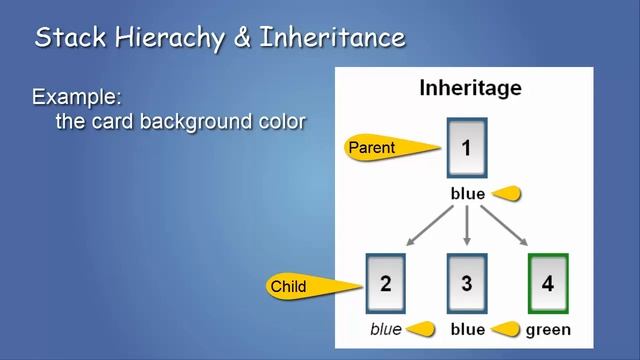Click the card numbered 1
tap(467, 148)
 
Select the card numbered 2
tap(386, 283)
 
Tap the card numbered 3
tap(467, 283)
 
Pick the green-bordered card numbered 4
tap(547, 283)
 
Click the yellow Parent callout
tap(385, 148)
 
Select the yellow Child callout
tap(305, 287)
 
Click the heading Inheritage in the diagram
tap(469, 88)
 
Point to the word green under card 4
tap(548, 329)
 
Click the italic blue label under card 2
tap(385, 329)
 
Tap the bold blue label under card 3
tap(467, 329)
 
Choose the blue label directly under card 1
tap(467, 194)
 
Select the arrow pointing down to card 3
tap(467, 227)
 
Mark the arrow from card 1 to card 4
tap(507, 227)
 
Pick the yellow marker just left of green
tap(506, 328)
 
